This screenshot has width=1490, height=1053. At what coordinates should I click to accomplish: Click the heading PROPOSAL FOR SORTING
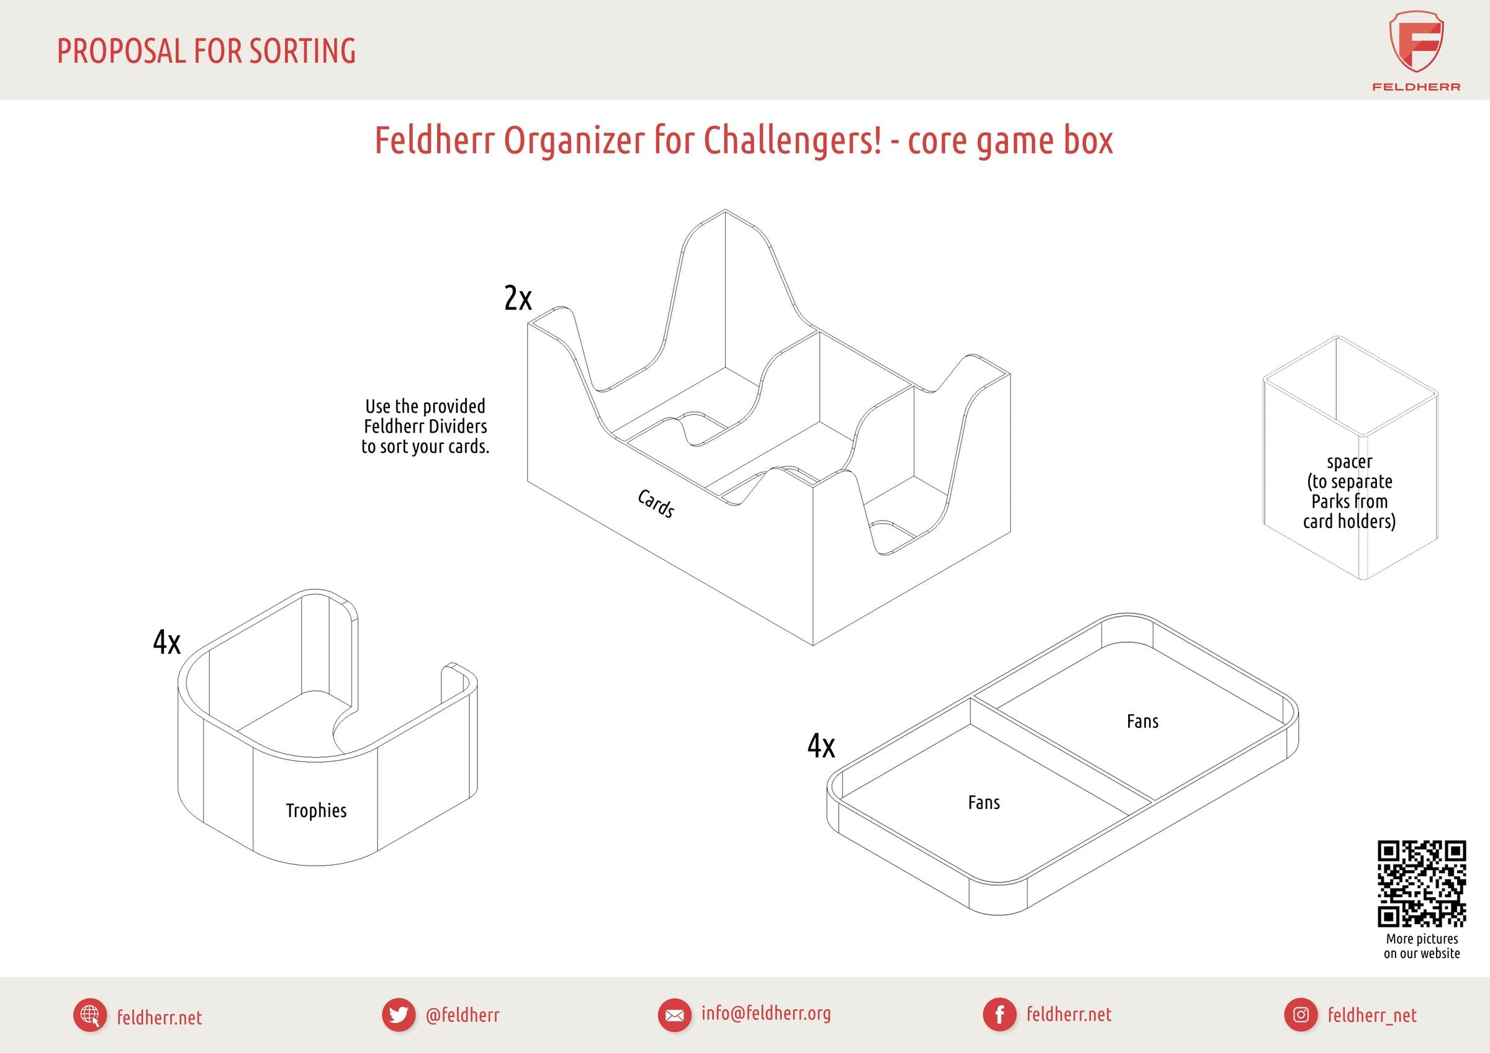tap(206, 52)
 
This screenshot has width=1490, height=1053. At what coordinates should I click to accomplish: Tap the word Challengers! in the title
tap(792, 140)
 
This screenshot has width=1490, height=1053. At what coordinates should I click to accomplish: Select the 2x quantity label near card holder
tap(518, 298)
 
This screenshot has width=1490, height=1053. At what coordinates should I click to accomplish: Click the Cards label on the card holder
tap(656, 503)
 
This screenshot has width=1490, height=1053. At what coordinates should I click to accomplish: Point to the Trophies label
tap(316, 810)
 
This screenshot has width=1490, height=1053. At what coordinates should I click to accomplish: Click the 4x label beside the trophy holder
tap(167, 642)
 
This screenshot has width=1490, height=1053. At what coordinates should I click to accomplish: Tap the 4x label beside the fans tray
tap(821, 745)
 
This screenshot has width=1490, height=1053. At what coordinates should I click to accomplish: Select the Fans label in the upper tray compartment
tap(1142, 721)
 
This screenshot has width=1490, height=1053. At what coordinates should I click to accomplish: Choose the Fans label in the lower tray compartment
tap(984, 802)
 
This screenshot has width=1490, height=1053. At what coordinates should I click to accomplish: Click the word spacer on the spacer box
tap(1349, 462)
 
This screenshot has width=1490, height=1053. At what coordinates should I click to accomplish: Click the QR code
tap(1422, 884)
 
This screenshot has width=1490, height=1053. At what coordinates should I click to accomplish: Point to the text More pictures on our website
tap(1422, 946)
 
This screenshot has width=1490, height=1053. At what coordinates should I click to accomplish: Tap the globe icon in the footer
tap(90, 1015)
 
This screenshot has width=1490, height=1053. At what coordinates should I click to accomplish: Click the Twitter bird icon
tap(399, 1015)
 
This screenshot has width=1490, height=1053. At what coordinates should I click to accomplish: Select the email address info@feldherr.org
tap(765, 1013)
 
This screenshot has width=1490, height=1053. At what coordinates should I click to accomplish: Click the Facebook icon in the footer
tap(1000, 1015)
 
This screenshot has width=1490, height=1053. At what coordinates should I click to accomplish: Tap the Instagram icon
tap(1301, 1015)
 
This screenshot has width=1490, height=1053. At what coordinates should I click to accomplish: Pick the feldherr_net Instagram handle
tap(1372, 1015)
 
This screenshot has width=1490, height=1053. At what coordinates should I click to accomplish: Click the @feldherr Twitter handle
tap(463, 1015)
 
